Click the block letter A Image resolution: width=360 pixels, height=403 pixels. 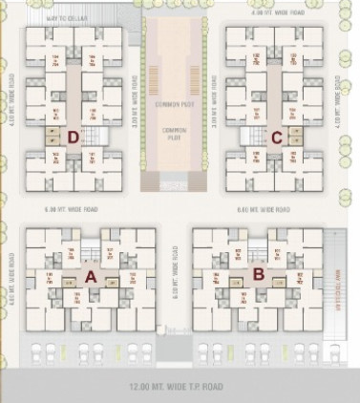(92, 276)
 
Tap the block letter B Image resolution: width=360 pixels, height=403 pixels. (258, 275)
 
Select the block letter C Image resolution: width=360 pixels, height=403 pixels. (277, 137)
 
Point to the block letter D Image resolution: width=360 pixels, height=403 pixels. (73, 137)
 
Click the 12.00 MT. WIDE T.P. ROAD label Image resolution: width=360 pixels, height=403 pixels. (180, 388)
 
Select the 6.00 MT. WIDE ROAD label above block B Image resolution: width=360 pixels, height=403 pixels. (263, 208)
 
